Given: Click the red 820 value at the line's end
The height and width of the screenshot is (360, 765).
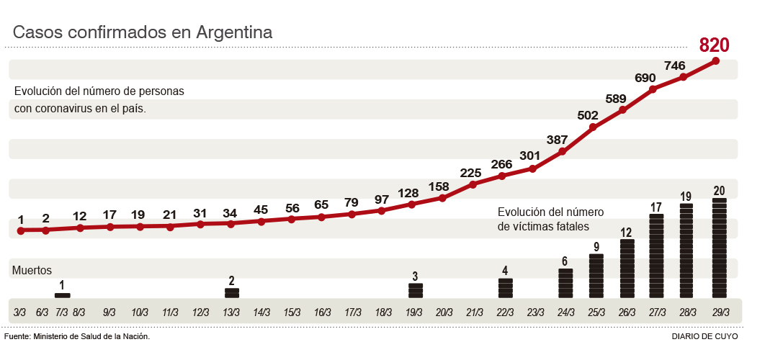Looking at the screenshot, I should (x=715, y=45).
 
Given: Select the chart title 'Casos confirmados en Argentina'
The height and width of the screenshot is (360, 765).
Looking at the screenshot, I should (x=143, y=32).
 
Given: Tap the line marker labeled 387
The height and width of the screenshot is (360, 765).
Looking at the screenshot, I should (x=563, y=151).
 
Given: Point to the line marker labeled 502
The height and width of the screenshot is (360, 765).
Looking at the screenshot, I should (x=593, y=127).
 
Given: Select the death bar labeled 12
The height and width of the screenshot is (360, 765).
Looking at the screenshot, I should (x=627, y=269).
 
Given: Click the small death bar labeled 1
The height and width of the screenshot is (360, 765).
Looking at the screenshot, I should (x=62, y=295).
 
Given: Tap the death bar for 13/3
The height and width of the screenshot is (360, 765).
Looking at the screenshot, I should (x=231, y=293).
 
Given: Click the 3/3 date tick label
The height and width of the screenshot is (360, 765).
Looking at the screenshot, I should (x=20, y=312).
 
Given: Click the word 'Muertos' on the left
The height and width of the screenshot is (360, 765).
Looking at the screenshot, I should (x=32, y=270).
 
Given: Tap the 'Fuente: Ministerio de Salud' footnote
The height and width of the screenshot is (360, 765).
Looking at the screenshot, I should (x=77, y=336).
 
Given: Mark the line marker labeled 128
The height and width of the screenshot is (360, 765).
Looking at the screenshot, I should (x=411, y=204).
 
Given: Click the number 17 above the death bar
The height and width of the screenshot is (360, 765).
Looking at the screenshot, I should (x=656, y=207).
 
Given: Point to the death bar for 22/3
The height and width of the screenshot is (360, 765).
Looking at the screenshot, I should (x=505, y=288).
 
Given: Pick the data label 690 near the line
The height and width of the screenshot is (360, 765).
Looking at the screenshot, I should (x=645, y=78).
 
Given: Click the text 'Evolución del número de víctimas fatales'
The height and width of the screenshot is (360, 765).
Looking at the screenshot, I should (x=550, y=219).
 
